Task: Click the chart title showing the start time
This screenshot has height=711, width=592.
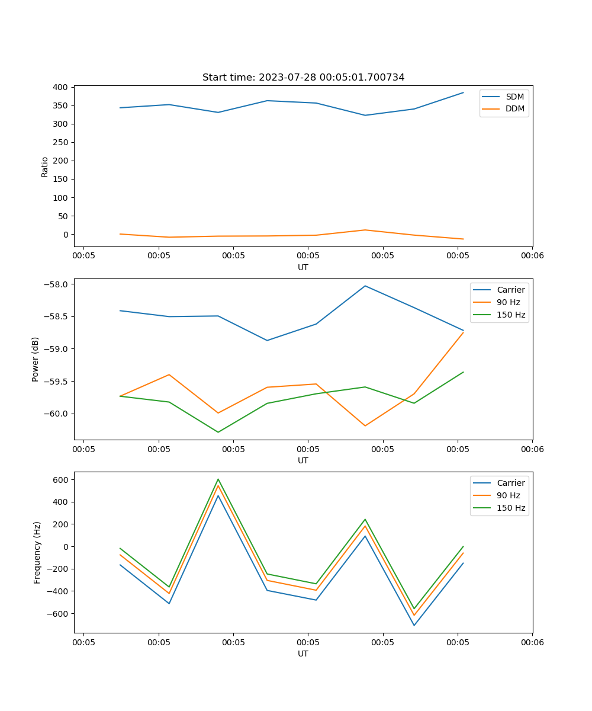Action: tap(303, 78)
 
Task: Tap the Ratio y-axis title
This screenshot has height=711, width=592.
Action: tap(45, 166)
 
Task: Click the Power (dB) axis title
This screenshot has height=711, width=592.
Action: tap(36, 359)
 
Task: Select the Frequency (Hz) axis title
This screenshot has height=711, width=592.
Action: tap(37, 552)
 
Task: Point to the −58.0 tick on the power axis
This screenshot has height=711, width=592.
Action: tap(56, 284)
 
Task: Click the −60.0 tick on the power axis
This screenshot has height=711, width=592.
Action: tap(56, 414)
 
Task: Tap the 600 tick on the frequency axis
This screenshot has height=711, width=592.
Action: tap(62, 479)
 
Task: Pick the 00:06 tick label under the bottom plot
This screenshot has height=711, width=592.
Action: tap(532, 642)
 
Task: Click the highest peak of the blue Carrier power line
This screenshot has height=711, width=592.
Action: tap(365, 286)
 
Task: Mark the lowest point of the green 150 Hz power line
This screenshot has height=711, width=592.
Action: tap(218, 432)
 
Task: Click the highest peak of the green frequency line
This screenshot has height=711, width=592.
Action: tap(218, 479)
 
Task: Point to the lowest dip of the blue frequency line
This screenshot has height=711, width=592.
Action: tap(414, 625)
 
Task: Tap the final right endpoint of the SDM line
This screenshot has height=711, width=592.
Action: tap(463, 92)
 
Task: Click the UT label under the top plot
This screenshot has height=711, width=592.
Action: tap(303, 267)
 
